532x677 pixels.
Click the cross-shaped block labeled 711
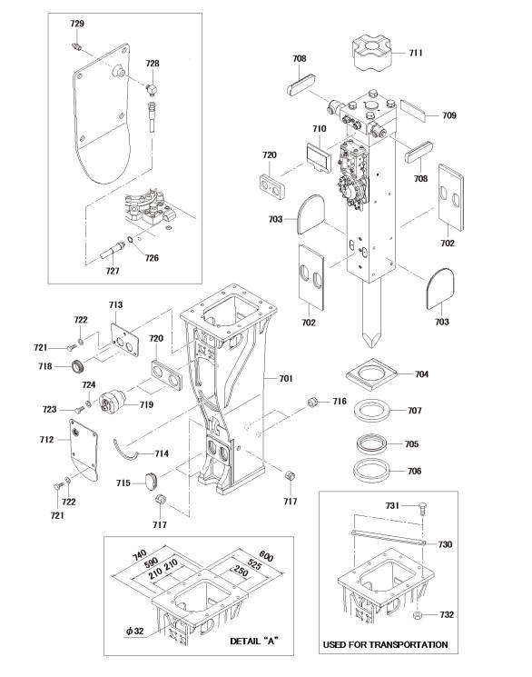point(372,53)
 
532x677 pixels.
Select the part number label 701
point(286,378)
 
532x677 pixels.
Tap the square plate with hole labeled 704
point(372,373)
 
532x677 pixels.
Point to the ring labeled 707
point(372,409)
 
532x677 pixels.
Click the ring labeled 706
point(371,470)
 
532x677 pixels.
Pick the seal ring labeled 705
point(371,443)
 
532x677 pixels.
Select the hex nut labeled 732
point(418,615)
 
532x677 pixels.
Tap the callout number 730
point(445,544)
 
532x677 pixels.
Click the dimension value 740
point(140,555)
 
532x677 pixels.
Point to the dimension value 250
point(241,572)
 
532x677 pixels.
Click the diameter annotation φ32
point(134,631)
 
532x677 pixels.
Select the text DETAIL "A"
point(254,642)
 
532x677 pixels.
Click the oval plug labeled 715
point(151,482)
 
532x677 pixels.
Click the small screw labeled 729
point(76,45)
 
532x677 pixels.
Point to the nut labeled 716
point(313,402)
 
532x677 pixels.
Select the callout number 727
point(113,271)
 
